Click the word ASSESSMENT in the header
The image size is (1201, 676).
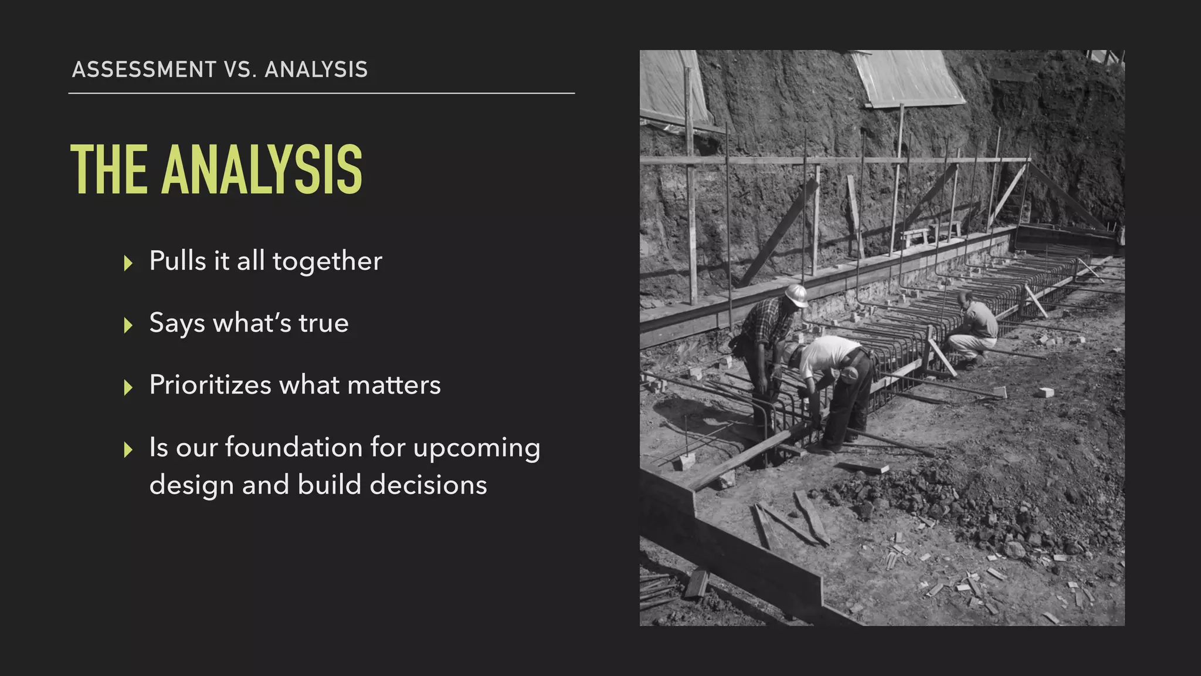pos(144,70)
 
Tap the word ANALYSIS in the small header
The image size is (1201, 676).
pos(316,70)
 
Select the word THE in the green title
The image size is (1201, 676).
pos(109,170)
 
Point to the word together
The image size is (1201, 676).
pos(327,262)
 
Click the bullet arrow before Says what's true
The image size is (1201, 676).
pos(128,325)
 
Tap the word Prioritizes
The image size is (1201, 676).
pos(210,386)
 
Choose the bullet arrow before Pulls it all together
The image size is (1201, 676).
pos(128,263)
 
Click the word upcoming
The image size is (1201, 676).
pos(476,448)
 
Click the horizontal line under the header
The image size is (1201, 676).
pos(321,93)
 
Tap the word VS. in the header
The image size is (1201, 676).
pos(240,70)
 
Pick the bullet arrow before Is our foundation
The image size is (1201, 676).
pos(128,449)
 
